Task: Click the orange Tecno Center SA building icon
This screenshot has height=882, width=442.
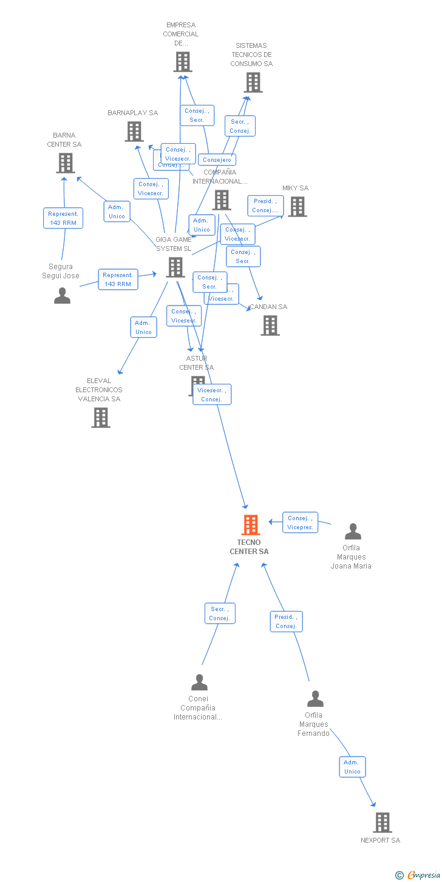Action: [x=251, y=525]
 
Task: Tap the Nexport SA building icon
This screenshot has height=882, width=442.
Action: [x=382, y=823]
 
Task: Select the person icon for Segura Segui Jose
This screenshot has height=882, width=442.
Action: [x=62, y=295]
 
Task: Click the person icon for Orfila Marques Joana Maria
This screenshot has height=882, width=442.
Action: [x=353, y=532]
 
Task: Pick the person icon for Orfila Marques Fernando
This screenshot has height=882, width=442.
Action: [x=315, y=699]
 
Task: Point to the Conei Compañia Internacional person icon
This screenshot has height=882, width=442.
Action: [x=199, y=683]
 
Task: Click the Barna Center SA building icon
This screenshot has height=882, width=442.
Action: [x=66, y=162]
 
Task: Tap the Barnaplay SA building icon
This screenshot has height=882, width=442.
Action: [x=134, y=131]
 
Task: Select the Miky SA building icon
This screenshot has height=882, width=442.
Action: [x=297, y=207]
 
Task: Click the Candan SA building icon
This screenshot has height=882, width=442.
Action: [x=270, y=326]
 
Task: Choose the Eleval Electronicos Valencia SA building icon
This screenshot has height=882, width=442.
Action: [x=101, y=417]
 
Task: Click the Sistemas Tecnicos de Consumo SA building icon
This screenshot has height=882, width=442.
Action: [x=253, y=82]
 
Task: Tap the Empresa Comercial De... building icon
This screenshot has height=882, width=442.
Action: [x=183, y=62]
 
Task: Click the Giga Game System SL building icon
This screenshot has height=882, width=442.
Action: [x=175, y=267]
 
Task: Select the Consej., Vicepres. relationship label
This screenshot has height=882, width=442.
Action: [x=300, y=523]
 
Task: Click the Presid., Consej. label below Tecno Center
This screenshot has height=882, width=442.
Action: [x=286, y=621]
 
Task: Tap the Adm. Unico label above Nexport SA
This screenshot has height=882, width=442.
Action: [x=352, y=767]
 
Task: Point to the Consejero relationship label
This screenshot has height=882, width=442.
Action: [x=217, y=160]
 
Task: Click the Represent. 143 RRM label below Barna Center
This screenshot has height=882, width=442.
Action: [x=63, y=218]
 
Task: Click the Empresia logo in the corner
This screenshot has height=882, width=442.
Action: [x=420, y=875]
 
